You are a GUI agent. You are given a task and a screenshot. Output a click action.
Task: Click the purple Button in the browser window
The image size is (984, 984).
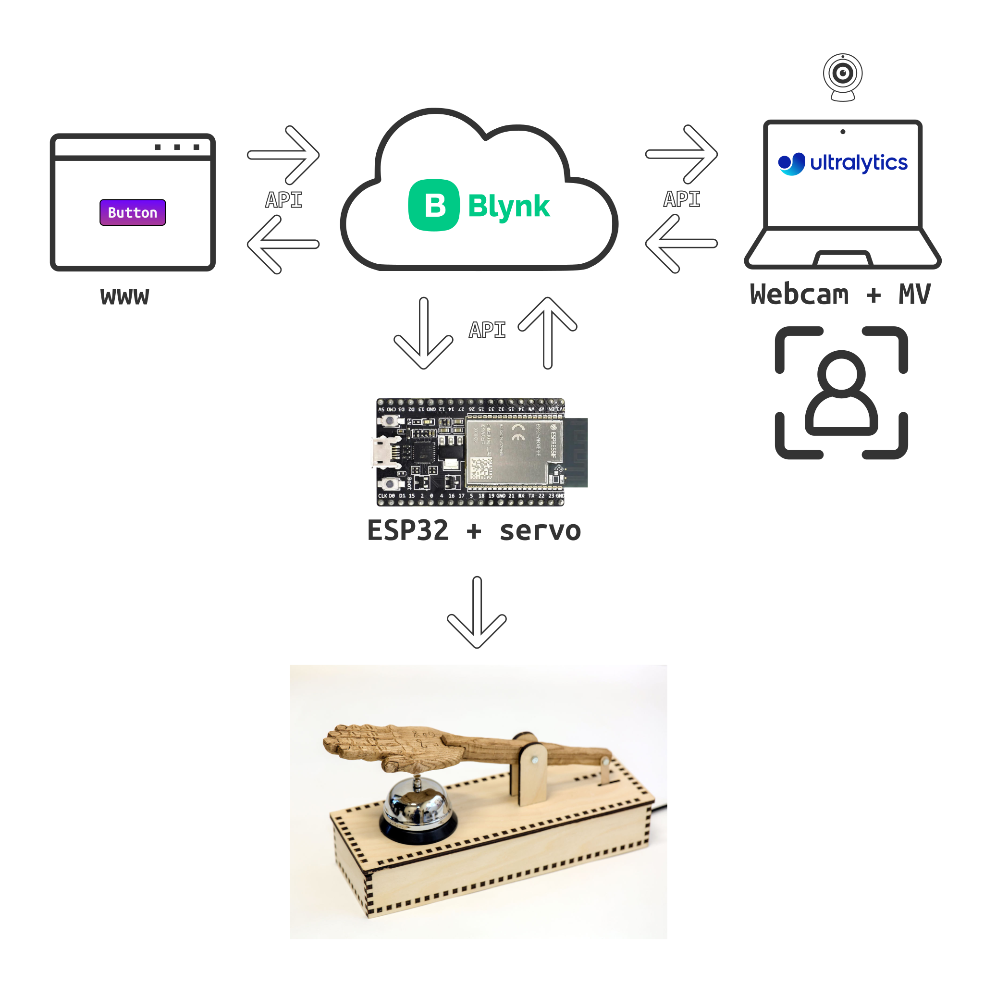[x=133, y=212]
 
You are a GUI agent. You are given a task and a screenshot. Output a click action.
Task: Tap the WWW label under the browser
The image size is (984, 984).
[x=125, y=296]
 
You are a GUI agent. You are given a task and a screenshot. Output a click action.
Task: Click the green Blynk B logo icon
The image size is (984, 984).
[x=434, y=205]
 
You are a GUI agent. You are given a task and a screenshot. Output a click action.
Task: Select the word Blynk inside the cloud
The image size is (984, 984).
[x=508, y=206]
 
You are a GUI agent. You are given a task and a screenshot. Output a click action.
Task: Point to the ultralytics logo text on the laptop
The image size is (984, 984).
[x=858, y=163]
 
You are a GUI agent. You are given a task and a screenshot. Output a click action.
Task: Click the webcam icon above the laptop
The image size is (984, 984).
[x=842, y=76]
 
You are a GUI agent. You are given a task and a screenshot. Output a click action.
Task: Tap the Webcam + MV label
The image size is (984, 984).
[x=840, y=295]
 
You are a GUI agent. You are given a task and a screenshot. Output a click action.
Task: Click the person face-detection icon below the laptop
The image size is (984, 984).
[x=841, y=393]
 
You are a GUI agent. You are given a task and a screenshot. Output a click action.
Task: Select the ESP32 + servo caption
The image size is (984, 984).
[x=474, y=531]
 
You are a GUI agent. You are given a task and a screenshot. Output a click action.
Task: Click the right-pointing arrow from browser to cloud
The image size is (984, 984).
[x=283, y=155]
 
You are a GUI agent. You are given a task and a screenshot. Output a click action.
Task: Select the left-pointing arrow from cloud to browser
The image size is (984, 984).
[x=283, y=245]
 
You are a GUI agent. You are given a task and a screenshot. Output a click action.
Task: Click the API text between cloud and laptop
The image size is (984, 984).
[x=681, y=199]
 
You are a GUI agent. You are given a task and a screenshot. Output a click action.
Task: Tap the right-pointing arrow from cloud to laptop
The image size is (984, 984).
[x=681, y=154]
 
